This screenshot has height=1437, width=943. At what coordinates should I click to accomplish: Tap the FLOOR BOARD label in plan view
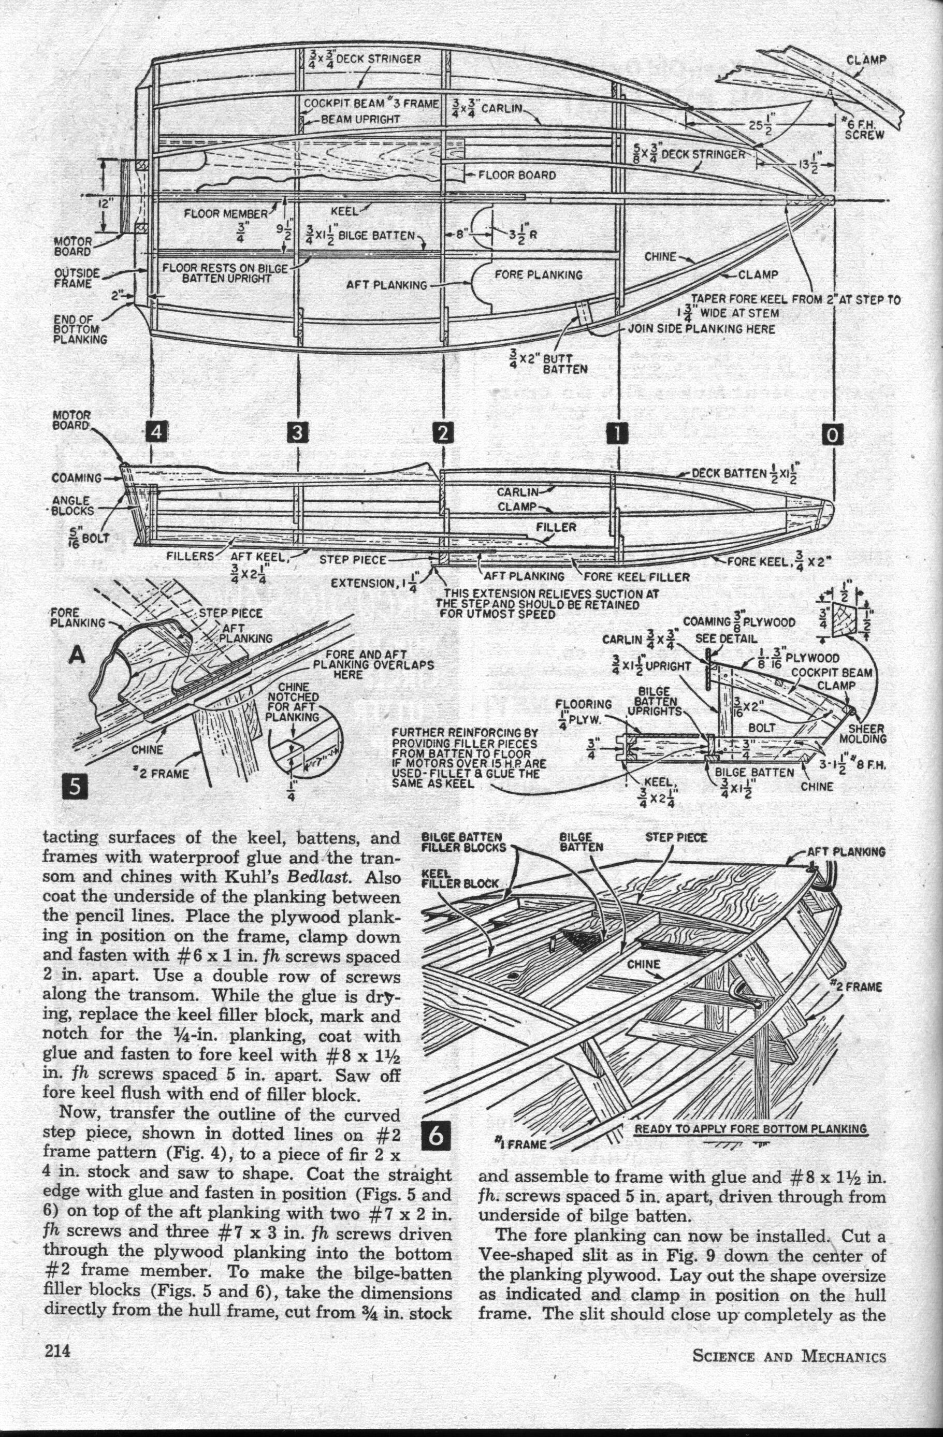click(517, 175)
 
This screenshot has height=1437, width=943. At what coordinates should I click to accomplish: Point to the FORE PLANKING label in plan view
click(539, 275)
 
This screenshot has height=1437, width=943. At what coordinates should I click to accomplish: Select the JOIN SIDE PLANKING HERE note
click(702, 329)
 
